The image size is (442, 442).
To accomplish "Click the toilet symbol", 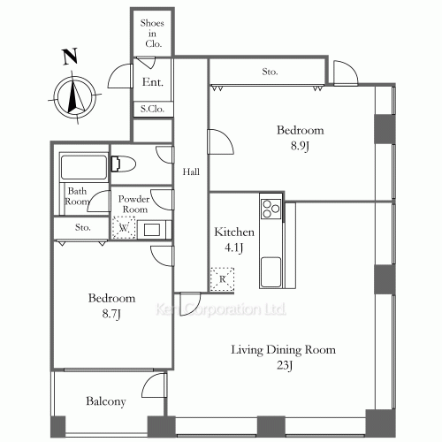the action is [x=123, y=164].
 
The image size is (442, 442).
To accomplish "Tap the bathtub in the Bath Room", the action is [x=84, y=167].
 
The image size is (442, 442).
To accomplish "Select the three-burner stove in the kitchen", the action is [x=271, y=209].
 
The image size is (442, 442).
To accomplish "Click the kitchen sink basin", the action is [x=271, y=272].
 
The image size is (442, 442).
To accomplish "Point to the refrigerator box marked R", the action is [x=222, y=279].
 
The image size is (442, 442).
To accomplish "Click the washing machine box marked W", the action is [x=124, y=227].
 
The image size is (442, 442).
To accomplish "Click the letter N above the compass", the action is [x=70, y=57].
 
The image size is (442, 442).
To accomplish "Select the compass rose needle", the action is [x=73, y=95].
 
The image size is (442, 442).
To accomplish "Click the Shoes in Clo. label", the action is [x=153, y=34].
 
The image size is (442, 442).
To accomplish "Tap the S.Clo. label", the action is [x=152, y=109].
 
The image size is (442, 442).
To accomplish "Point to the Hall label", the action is [x=191, y=171].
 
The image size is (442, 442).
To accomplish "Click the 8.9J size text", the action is [x=300, y=146].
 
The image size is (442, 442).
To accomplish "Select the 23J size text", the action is [x=285, y=366].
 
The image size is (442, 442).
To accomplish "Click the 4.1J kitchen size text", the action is [x=233, y=248].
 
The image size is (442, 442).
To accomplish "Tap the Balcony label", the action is [x=106, y=401].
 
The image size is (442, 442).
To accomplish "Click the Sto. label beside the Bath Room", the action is [x=82, y=227].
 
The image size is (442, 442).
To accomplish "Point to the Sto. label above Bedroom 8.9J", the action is [x=270, y=72].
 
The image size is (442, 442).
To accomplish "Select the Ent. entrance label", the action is [x=153, y=82].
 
